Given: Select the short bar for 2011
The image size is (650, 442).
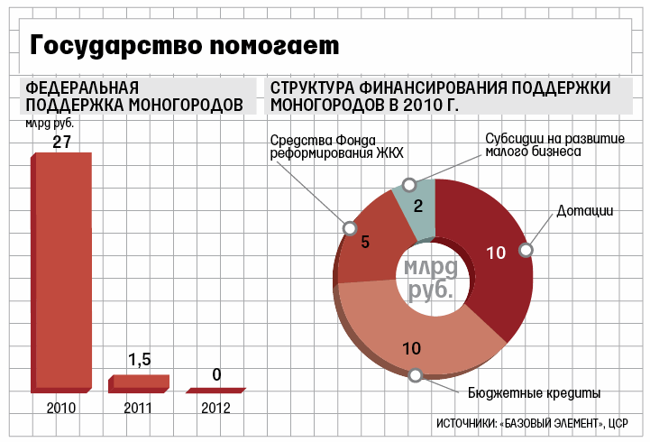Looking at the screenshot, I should (x=138, y=383).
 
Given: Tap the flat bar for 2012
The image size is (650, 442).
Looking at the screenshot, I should (x=216, y=390).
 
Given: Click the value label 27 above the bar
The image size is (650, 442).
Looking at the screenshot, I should (x=61, y=142).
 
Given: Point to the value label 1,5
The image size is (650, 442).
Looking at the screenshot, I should (x=140, y=360).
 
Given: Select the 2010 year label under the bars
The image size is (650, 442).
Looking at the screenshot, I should (x=61, y=408).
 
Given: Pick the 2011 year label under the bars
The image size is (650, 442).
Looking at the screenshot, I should (x=139, y=408).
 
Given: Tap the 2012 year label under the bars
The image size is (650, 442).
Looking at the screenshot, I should (x=216, y=408).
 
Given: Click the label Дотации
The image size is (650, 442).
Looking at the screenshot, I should (x=584, y=211).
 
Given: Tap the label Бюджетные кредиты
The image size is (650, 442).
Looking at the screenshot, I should (x=535, y=393).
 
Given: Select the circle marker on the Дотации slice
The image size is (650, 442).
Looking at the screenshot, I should (x=527, y=250).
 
